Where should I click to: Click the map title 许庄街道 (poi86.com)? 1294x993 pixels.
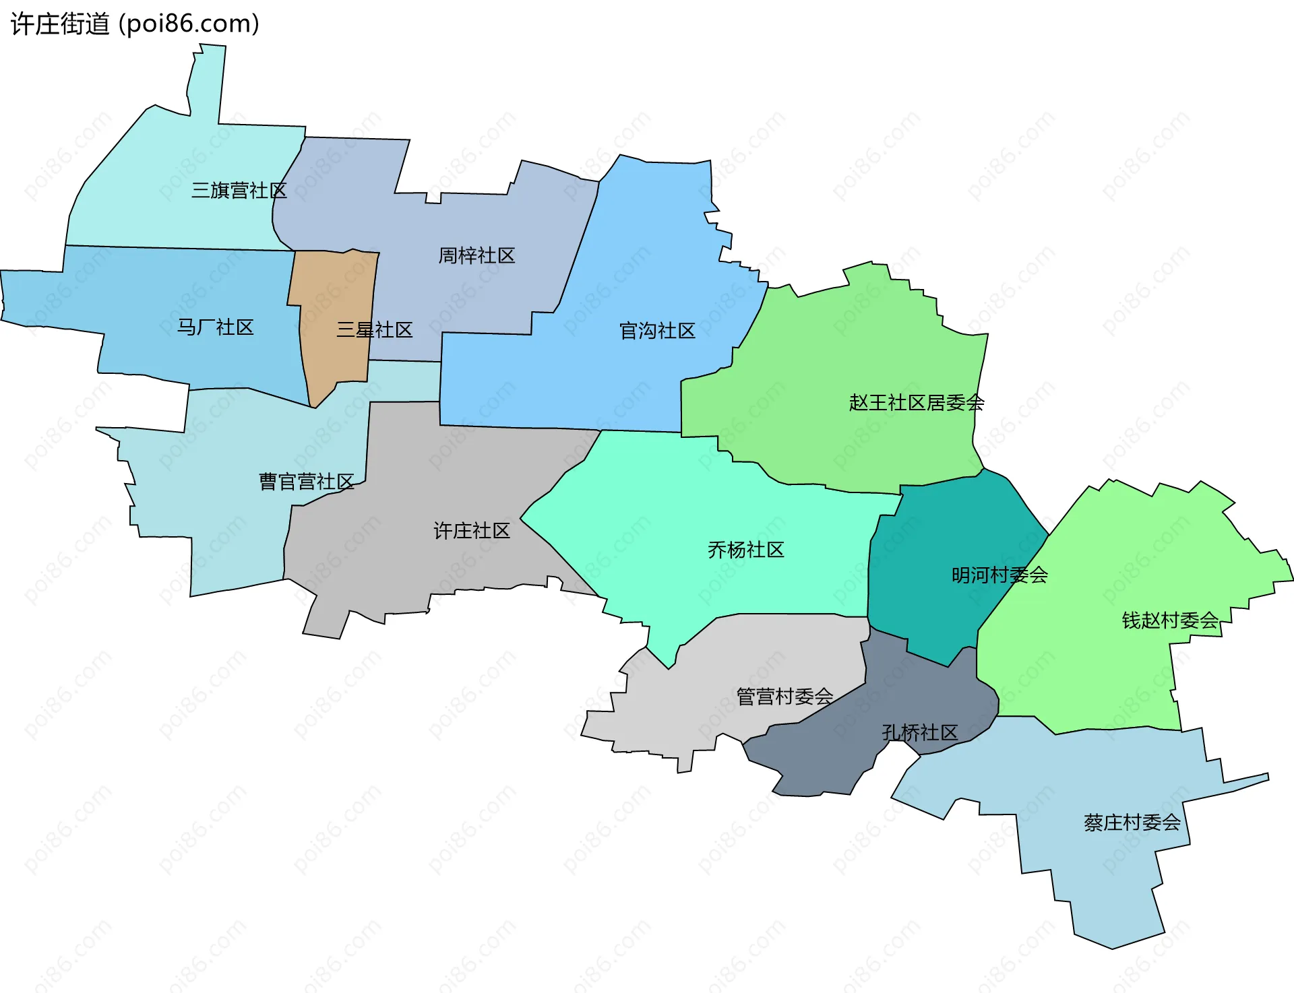tap(135, 24)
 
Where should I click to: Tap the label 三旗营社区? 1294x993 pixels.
tap(239, 191)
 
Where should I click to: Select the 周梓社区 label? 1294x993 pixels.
tap(476, 255)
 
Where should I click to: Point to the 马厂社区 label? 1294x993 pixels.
tap(215, 327)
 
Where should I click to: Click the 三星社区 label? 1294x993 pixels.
tap(374, 330)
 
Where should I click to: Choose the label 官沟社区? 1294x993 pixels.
tap(657, 331)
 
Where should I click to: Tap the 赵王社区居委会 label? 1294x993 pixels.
tap(917, 403)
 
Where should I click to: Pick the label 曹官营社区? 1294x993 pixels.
tap(307, 482)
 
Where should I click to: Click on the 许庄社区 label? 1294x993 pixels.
tap(472, 531)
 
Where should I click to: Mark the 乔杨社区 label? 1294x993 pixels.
tap(745, 550)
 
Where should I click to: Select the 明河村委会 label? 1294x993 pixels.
tap(999, 575)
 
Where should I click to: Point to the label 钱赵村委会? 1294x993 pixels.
tap(1170, 620)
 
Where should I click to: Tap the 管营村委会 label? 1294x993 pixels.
tap(784, 697)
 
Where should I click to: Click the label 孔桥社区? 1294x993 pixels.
tap(920, 733)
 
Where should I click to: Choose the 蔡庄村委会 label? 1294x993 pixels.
tap(1132, 823)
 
